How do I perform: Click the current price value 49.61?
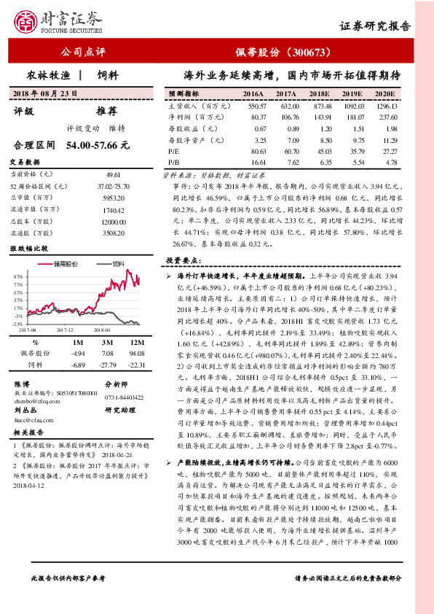(x=112, y=175)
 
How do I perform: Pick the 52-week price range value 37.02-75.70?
(x=112, y=187)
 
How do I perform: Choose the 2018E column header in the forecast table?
(x=318, y=95)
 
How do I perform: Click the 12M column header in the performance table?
(x=134, y=342)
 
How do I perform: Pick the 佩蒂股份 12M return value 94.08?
(x=134, y=353)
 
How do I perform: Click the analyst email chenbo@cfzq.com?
(x=35, y=400)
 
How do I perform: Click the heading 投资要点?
(x=180, y=260)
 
